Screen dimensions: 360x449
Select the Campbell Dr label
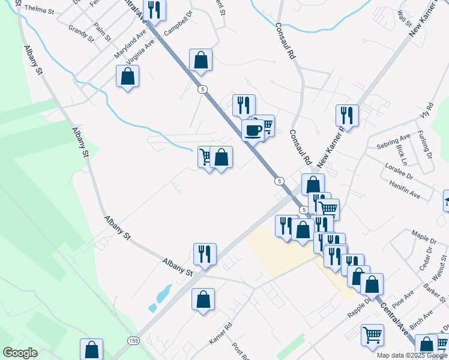pos(178,23)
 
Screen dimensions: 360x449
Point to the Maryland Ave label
pos(131,45)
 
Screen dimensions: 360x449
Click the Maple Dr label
pos(423,232)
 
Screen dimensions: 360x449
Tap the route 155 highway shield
pos(134,340)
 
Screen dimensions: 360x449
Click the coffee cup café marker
pos(253,128)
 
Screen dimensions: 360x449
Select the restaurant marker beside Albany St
pos(205,254)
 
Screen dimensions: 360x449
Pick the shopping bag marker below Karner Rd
pos(203,299)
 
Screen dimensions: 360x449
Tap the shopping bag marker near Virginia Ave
pos(127,76)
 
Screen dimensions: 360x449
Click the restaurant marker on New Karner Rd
pos(346,115)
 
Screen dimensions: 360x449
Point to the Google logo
pos(20,353)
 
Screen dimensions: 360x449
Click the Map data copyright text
pos(411,355)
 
